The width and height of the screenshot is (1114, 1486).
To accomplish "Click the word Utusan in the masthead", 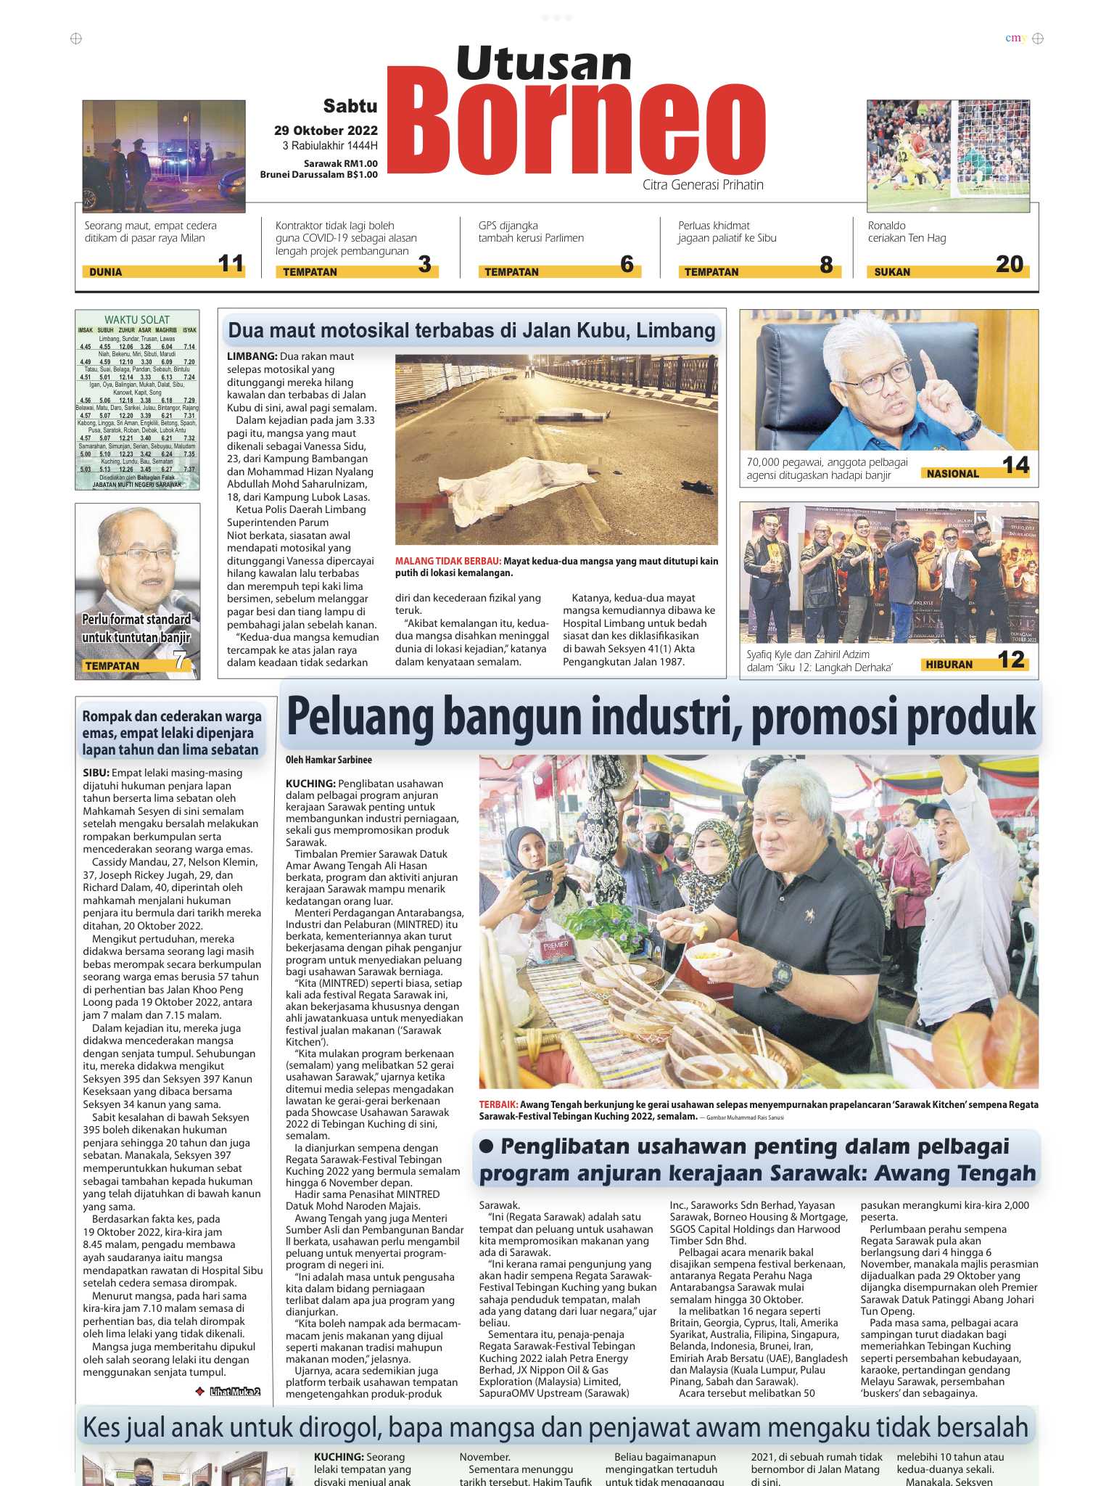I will point(544,63).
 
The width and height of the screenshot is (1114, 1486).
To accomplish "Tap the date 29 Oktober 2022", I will point(326,131).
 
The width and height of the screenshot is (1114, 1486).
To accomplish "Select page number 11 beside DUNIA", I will point(231,263).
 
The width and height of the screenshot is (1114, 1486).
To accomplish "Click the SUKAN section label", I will point(892,272).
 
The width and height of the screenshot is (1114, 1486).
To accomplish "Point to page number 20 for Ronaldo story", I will point(1009,264).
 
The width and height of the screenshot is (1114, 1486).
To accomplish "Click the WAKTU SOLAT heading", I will point(136,319).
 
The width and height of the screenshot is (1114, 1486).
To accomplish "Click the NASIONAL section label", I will point(953,474).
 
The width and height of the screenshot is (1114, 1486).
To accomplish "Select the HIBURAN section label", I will point(949,664).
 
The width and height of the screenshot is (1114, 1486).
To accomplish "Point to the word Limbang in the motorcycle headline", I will point(681,331).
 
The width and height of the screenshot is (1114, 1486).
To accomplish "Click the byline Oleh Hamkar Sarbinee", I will point(329,760).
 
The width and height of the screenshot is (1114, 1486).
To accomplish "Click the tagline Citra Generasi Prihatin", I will point(702,185).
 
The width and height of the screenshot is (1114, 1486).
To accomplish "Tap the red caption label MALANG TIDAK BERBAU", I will point(447,561).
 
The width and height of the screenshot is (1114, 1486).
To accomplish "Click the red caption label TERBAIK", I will point(498,1104).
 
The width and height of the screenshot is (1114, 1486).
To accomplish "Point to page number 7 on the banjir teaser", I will point(179,660).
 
